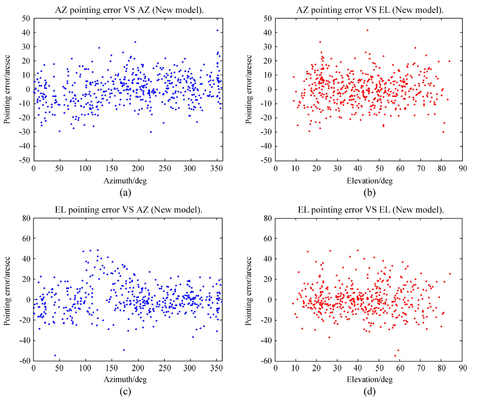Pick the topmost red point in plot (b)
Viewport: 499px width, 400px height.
point(367,30)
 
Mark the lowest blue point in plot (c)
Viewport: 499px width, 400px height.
point(55,356)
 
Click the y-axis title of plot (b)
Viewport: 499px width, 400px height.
point(250,89)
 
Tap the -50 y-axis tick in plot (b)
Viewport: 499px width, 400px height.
point(266,161)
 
